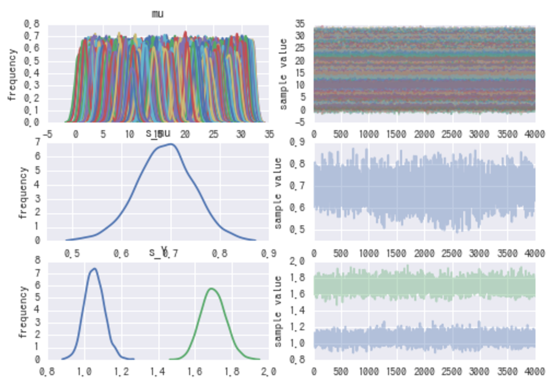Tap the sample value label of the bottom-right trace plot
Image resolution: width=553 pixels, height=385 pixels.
(279, 311)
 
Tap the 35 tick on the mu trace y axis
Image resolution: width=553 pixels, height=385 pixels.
(302, 24)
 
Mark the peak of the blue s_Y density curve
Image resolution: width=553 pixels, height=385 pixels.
(94, 269)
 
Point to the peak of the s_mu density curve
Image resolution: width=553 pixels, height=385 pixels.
(171, 144)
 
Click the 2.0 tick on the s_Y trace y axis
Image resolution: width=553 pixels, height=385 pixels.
(299, 262)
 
